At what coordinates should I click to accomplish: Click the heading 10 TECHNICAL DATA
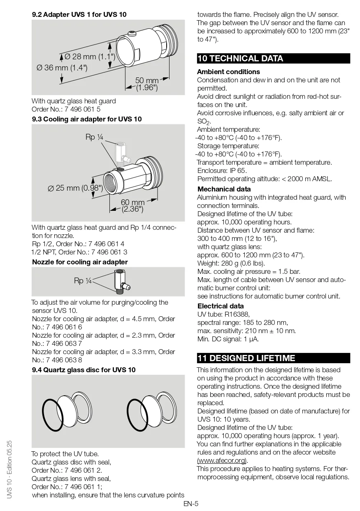(241, 58)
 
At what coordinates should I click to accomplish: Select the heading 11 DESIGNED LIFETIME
(246, 358)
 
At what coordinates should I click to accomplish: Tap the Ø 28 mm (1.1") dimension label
(90, 57)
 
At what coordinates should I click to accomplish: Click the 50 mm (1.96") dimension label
(146, 84)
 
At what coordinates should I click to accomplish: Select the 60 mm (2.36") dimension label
(132, 206)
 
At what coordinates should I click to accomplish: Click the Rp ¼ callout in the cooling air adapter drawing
(94, 137)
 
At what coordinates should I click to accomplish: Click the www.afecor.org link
(222, 460)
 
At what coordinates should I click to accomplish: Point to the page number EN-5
(191, 503)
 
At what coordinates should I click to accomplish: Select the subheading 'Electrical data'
(221, 306)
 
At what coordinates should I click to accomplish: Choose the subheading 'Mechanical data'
(224, 189)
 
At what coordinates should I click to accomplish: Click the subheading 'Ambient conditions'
(228, 72)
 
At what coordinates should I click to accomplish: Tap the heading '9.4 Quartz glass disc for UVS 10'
(84, 370)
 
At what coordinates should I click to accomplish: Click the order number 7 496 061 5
(80, 109)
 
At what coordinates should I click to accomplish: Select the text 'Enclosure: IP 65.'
(222, 170)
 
